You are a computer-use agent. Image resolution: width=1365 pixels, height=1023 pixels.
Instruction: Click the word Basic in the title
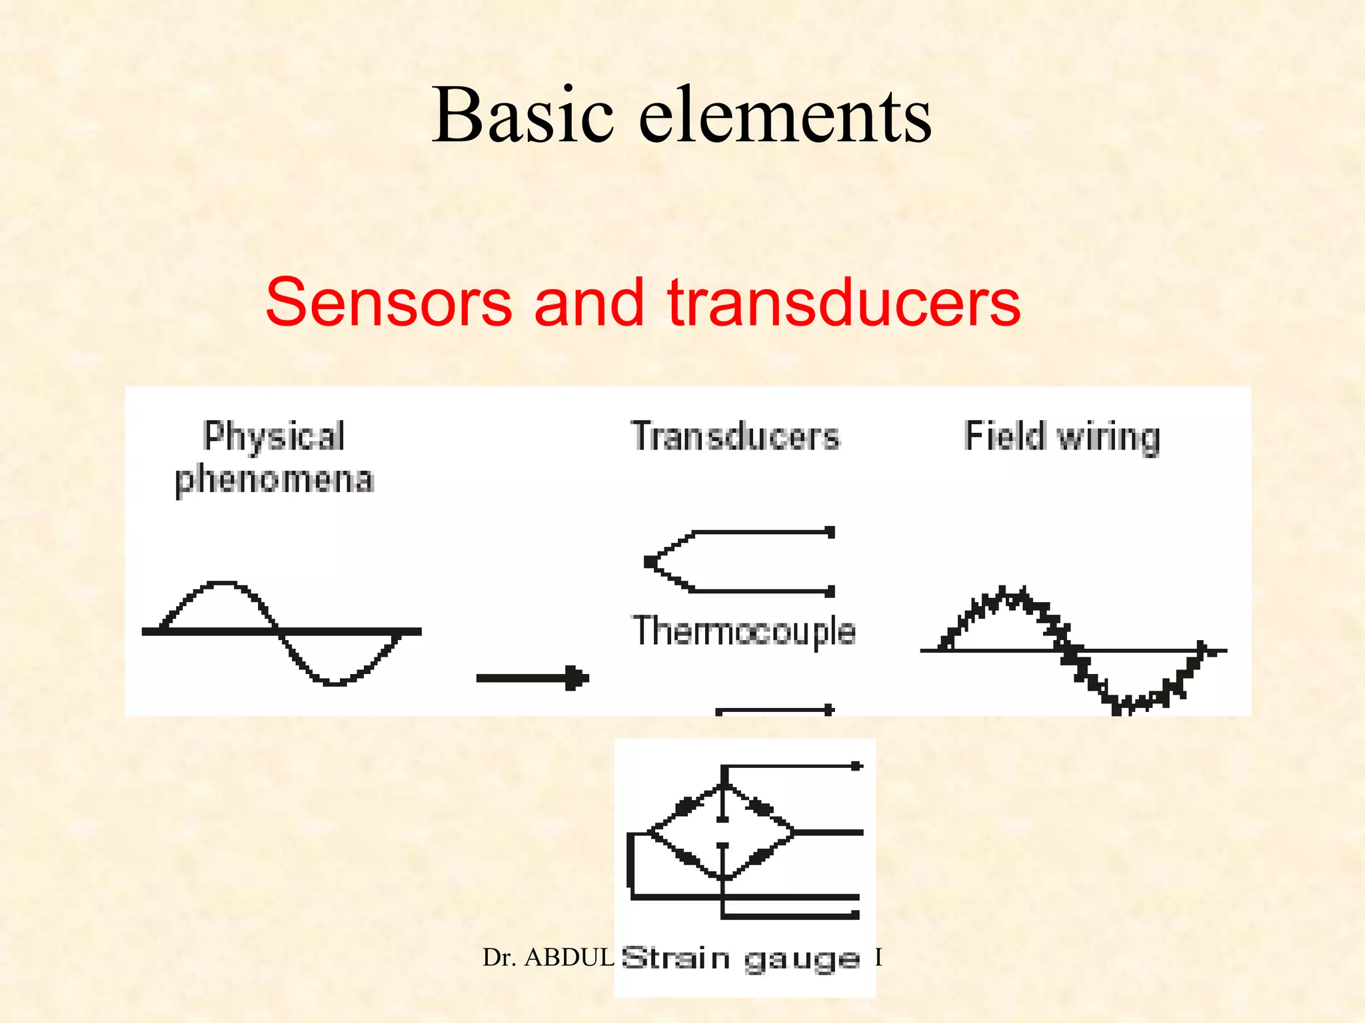[x=522, y=116]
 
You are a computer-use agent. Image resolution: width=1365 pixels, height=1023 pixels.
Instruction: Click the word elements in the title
[x=785, y=116]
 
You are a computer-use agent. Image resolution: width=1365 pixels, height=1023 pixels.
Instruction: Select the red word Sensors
[x=389, y=304]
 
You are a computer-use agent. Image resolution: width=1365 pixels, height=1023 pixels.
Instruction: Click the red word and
[x=589, y=304]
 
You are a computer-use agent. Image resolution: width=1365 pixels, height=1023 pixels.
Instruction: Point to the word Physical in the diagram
[x=273, y=437]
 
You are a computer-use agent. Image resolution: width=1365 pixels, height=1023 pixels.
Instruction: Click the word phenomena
[x=274, y=480]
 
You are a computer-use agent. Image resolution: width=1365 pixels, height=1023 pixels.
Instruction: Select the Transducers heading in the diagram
[x=735, y=437]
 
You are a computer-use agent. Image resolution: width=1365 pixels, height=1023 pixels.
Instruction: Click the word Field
[x=1004, y=437]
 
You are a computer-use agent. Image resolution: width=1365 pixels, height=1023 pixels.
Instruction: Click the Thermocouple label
[x=743, y=631]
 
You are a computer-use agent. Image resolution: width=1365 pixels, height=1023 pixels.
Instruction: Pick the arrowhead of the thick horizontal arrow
[x=577, y=679]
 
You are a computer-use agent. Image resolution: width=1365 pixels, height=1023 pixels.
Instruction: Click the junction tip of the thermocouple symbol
[x=650, y=562]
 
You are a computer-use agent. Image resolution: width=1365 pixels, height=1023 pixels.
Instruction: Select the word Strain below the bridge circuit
[x=675, y=958]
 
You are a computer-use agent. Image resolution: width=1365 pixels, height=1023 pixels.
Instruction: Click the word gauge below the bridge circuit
[x=801, y=960]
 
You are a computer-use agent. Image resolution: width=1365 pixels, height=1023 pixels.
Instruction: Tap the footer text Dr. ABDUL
[x=548, y=958]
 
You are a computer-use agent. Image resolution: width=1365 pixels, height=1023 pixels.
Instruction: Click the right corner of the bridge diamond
[x=793, y=832]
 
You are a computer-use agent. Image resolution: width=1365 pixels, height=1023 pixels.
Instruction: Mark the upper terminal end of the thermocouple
[x=830, y=532]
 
